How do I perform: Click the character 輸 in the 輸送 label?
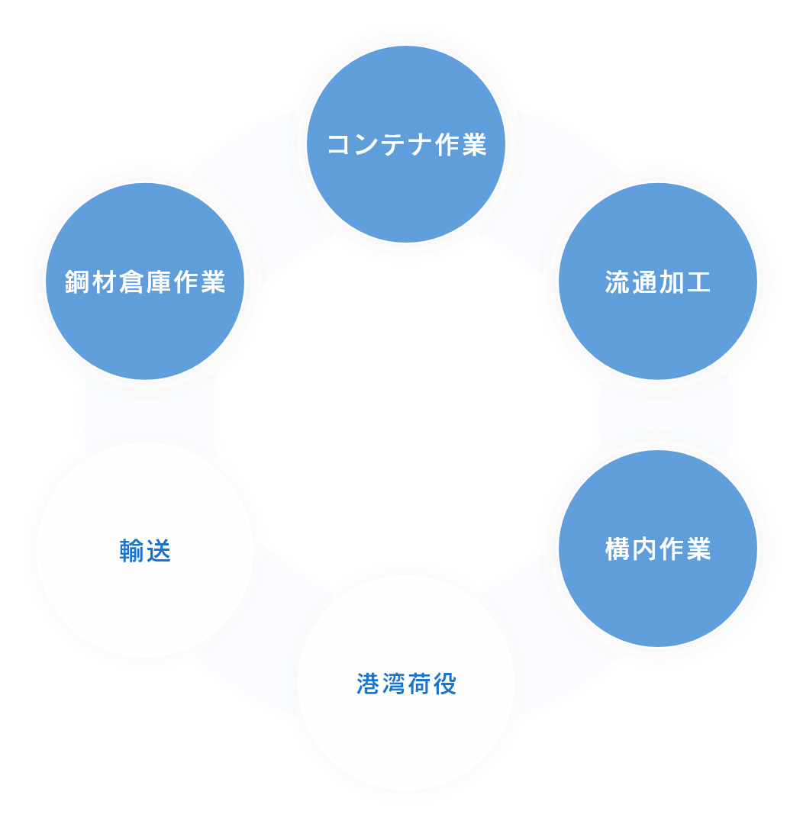(132, 551)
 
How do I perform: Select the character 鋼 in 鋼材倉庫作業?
(79, 282)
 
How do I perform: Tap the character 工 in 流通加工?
(698, 282)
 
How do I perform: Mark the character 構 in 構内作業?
(618, 549)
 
